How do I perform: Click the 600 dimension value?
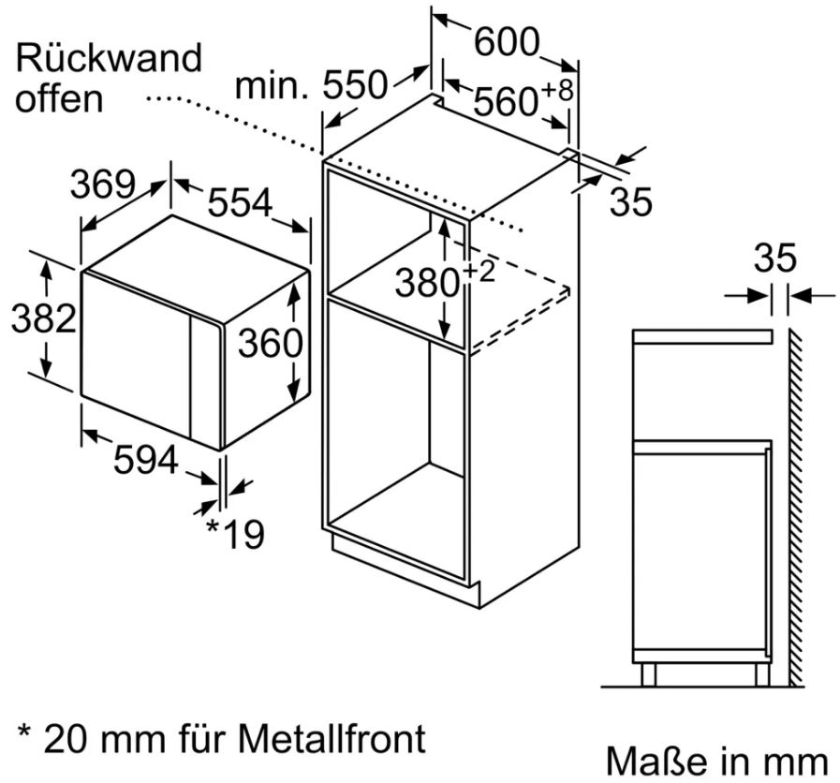[x=507, y=41]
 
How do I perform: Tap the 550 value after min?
[x=355, y=86]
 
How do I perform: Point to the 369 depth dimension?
[x=104, y=185]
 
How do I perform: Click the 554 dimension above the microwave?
[x=239, y=202]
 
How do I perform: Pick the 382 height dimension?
[x=42, y=319]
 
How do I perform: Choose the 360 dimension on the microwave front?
[x=269, y=344]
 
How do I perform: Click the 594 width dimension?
[x=145, y=460]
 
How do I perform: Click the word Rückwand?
[x=109, y=58]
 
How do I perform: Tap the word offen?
[x=58, y=98]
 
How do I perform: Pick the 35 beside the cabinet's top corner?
[x=629, y=202]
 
